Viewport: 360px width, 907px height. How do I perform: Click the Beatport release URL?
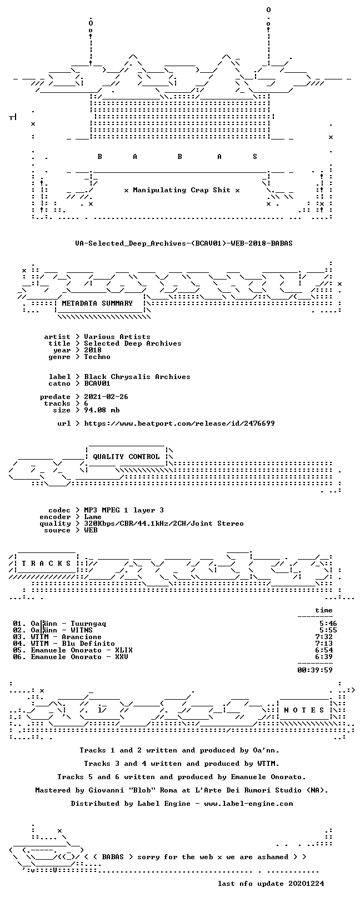click(179, 423)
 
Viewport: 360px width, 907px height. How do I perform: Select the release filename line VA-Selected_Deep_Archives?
click(184, 243)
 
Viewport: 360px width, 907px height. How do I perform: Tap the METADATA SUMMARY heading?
click(97, 303)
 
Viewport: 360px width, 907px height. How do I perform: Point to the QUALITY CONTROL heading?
click(126, 457)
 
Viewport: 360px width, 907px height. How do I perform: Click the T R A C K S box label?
click(47, 563)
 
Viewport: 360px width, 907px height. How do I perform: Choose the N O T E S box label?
click(304, 710)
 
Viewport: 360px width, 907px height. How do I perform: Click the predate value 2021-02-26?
click(106, 397)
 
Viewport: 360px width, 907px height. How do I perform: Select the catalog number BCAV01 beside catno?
click(97, 383)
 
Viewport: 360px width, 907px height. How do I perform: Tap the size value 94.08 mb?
click(102, 410)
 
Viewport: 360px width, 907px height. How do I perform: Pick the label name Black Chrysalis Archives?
click(137, 377)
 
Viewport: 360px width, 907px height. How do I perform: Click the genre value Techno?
click(97, 357)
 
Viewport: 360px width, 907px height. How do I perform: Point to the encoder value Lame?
click(93, 517)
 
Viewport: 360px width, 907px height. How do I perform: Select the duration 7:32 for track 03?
click(324, 637)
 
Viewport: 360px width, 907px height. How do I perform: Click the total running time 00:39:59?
click(315, 670)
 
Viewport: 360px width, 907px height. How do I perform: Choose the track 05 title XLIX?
click(124, 650)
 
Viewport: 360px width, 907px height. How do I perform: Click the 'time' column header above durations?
click(324, 610)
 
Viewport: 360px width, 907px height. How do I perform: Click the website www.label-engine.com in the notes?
click(249, 803)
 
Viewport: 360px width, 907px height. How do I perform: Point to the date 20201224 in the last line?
click(306, 884)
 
